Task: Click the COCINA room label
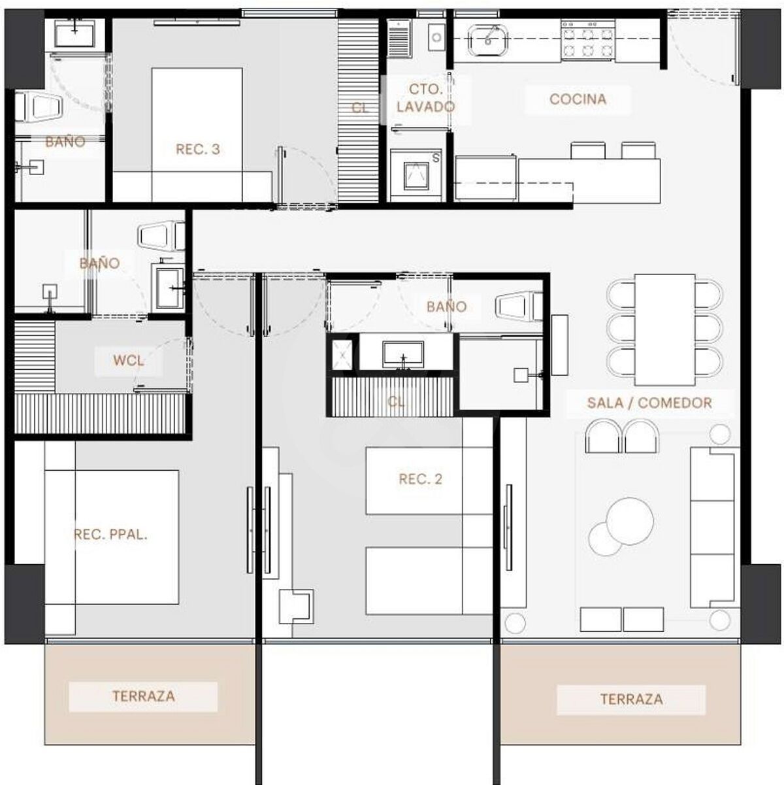click(x=578, y=99)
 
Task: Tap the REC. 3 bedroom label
click(x=198, y=149)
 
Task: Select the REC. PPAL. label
click(x=111, y=535)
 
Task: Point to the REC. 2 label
click(x=420, y=479)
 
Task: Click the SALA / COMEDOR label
click(x=649, y=403)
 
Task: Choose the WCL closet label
click(x=128, y=361)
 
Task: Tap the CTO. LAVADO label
click(x=425, y=98)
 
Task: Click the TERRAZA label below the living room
click(x=631, y=699)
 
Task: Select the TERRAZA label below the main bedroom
click(x=144, y=696)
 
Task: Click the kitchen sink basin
click(x=487, y=40)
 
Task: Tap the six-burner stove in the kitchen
click(x=588, y=40)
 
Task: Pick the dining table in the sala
click(x=664, y=329)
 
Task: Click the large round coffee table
click(x=630, y=521)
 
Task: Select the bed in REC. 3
click(x=197, y=135)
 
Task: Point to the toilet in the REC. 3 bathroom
click(x=39, y=107)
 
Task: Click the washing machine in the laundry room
click(x=416, y=175)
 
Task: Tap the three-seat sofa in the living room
click(x=715, y=528)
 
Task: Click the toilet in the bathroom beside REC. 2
click(x=519, y=305)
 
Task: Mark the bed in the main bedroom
click(x=112, y=537)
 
